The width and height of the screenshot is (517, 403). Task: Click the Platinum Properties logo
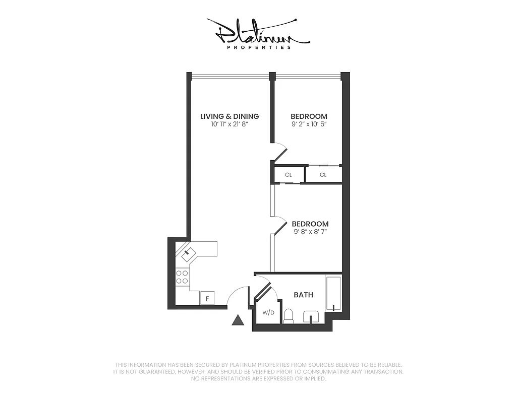[x=258, y=34]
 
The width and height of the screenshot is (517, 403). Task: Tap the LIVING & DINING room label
[x=229, y=116]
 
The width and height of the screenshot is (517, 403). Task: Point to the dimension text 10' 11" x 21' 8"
[x=229, y=124]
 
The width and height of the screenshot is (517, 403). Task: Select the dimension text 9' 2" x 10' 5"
[x=309, y=124]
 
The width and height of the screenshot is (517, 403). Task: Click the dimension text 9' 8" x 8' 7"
[x=310, y=232]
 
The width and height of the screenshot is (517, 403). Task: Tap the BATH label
[x=303, y=295]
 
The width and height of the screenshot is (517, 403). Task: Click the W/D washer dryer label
[x=268, y=313]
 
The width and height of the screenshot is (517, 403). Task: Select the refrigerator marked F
[x=207, y=298]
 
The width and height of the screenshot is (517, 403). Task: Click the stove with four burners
[x=182, y=277]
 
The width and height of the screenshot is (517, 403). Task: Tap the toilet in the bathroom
[x=289, y=316]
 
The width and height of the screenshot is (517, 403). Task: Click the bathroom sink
[x=311, y=317]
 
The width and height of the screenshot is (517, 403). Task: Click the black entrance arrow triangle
[x=238, y=320]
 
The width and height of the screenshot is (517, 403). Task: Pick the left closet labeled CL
[x=289, y=175]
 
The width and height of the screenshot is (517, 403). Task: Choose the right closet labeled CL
[x=323, y=175]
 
